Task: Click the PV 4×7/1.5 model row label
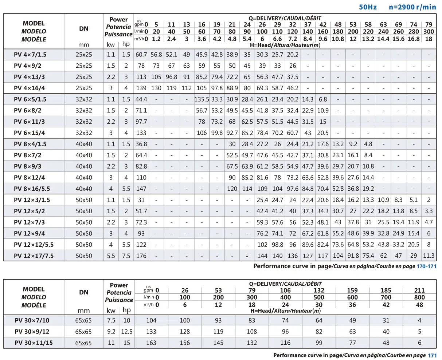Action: (x=30, y=55)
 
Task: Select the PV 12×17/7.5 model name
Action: (x=34, y=256)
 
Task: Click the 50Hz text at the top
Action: (x=368, y=7)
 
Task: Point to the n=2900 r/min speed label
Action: (x=412, y=7)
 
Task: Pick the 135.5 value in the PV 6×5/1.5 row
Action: (x=202, y=99)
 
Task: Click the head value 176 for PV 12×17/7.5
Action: (x=141, y=256)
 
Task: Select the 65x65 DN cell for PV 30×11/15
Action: (x=84, y=343)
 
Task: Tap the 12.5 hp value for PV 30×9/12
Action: (x=126, y=332)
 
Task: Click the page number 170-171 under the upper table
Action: (x=426, y=266)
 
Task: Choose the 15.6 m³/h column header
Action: (x=398, y=39)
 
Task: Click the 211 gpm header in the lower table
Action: (x=419, y=290)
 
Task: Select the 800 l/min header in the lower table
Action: (x=419, y=297)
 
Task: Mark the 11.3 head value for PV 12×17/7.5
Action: (x=429, y=256)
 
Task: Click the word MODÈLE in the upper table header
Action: (x=34, y=39)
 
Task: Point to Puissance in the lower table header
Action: (x=119, y=300)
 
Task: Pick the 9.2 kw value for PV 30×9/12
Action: (x=111, y=332)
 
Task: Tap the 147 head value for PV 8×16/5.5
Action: (x=141, y=189)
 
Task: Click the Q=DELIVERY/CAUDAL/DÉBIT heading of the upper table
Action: (x=285, y=18)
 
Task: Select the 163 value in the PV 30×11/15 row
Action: (x=151, y=343)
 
